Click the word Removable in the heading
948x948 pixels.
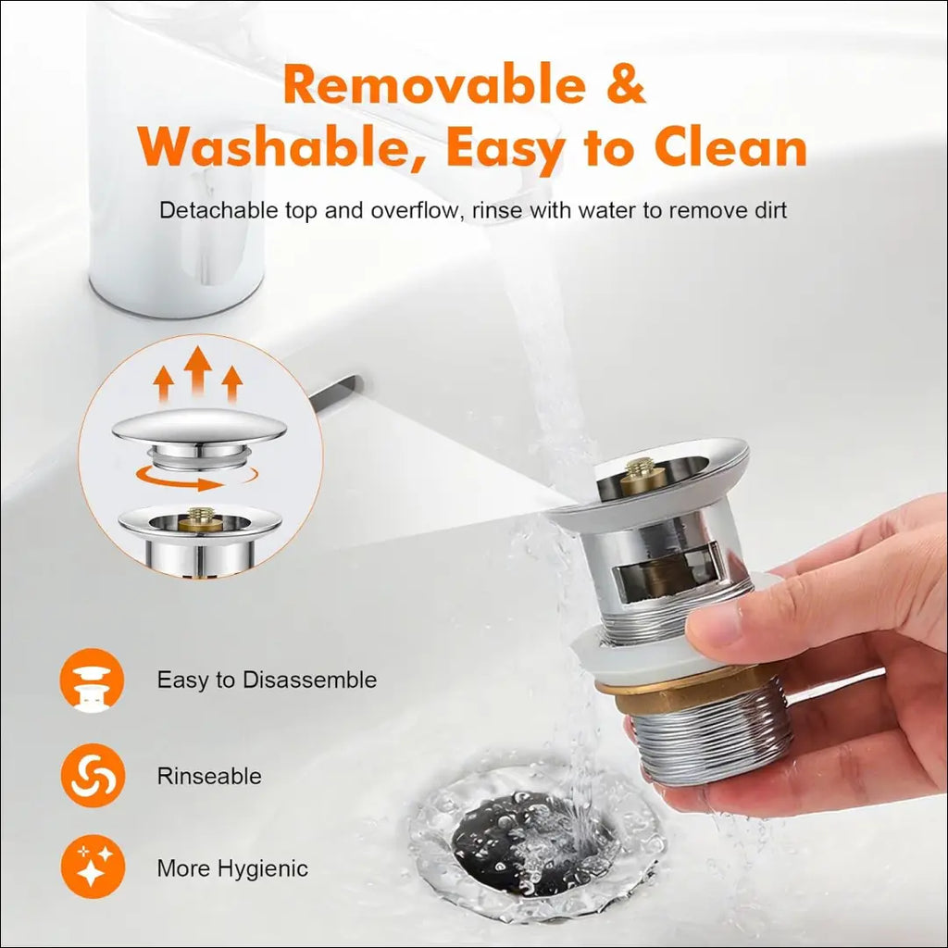click(x=434, y=84)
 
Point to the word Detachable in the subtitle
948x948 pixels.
click(x=218, y=210)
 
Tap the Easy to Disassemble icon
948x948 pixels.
click(x=92, y=680)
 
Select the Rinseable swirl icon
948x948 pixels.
click(x=92, y=775)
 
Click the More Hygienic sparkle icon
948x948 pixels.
click(x=92, y=867)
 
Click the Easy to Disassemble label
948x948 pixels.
click(x=267, y=680)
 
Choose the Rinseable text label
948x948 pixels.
click(x=209, y=776)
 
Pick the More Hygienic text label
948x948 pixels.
click(x=232, y=868)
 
